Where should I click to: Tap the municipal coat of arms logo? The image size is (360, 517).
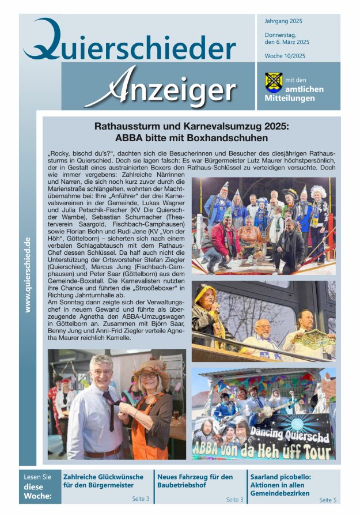coord(273,82)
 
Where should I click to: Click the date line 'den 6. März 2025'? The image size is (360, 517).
coord(287,42)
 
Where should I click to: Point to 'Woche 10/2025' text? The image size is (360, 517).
coord(286,55)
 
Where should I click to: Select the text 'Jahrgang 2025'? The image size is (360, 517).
coord(283,21)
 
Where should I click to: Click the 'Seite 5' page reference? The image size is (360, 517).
coord(327,500)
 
